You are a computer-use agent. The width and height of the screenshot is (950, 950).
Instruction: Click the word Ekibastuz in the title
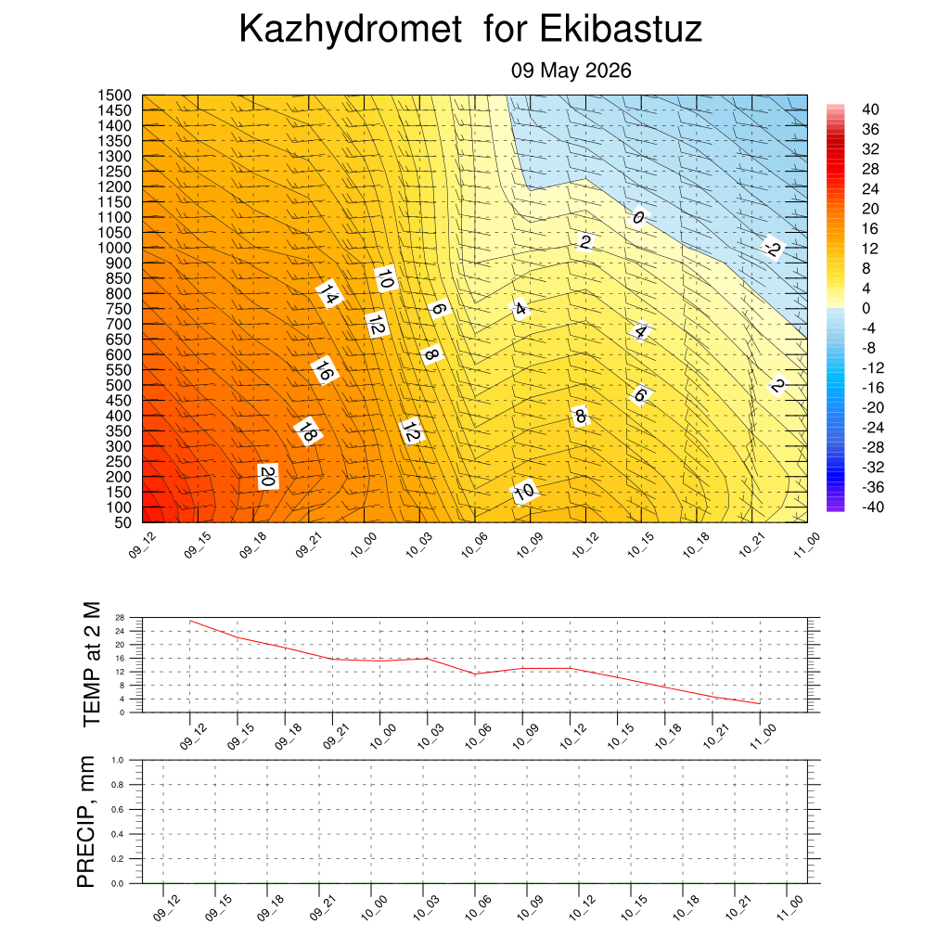(621, 29)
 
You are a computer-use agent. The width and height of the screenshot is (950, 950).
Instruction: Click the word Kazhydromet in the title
(351, 29)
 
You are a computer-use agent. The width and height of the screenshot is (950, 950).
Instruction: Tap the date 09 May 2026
(571, 71)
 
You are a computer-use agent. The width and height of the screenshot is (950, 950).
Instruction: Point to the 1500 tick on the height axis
(114, 96)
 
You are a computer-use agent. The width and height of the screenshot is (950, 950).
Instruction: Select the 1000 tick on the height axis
(114, 248)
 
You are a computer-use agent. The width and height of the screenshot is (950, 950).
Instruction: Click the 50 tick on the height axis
(123, 522)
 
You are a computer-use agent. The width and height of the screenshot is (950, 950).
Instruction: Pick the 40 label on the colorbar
(870, 109)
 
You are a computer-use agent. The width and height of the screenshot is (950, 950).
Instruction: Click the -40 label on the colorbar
(873, 507)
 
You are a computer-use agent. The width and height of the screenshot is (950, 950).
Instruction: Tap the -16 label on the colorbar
(873, 388)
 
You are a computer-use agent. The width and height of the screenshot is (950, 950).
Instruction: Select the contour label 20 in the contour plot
(267, 477)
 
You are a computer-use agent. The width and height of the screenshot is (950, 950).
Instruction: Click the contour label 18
(308, 432)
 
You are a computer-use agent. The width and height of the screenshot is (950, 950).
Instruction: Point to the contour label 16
(324, 370)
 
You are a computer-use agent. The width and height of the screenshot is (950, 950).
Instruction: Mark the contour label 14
(329, 294)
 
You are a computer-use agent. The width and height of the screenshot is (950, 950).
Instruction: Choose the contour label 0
(638, 217)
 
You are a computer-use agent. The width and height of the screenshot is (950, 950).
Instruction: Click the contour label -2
(773, 248)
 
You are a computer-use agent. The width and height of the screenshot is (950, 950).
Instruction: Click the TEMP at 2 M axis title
(92, 664)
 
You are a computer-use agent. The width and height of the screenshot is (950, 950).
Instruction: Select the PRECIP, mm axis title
(86, 822)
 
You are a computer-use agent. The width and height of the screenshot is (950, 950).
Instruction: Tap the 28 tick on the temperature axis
(120, 617)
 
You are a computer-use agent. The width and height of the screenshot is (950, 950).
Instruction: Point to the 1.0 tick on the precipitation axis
(118, 760)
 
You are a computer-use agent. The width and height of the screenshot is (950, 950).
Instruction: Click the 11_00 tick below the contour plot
(806, 545)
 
